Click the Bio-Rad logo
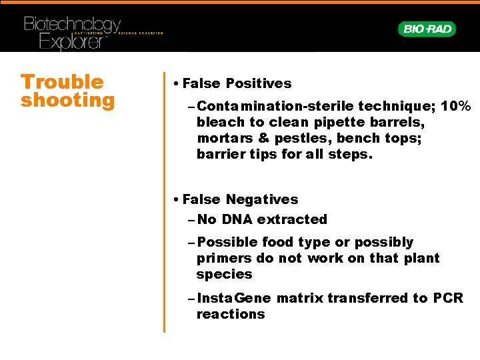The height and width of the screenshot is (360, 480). coord(427,29)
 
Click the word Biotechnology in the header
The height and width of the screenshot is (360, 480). coord(72,25)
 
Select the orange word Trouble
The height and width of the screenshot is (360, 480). coord(62,82)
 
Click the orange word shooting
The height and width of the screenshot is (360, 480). coord(67,101)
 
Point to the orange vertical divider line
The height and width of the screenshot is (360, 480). coord(164,200)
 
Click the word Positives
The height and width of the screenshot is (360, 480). coord(258,83)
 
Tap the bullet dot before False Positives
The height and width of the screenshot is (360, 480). coord(174,84)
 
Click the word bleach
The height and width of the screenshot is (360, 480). coord(221,122)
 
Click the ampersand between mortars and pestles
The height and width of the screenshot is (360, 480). coord(263,138)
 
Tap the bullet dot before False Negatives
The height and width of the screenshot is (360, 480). coord(174,200)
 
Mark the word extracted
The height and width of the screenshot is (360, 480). coord(292,219)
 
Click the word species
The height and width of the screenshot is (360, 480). coord(224,274)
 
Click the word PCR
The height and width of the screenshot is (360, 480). coord(448,298)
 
